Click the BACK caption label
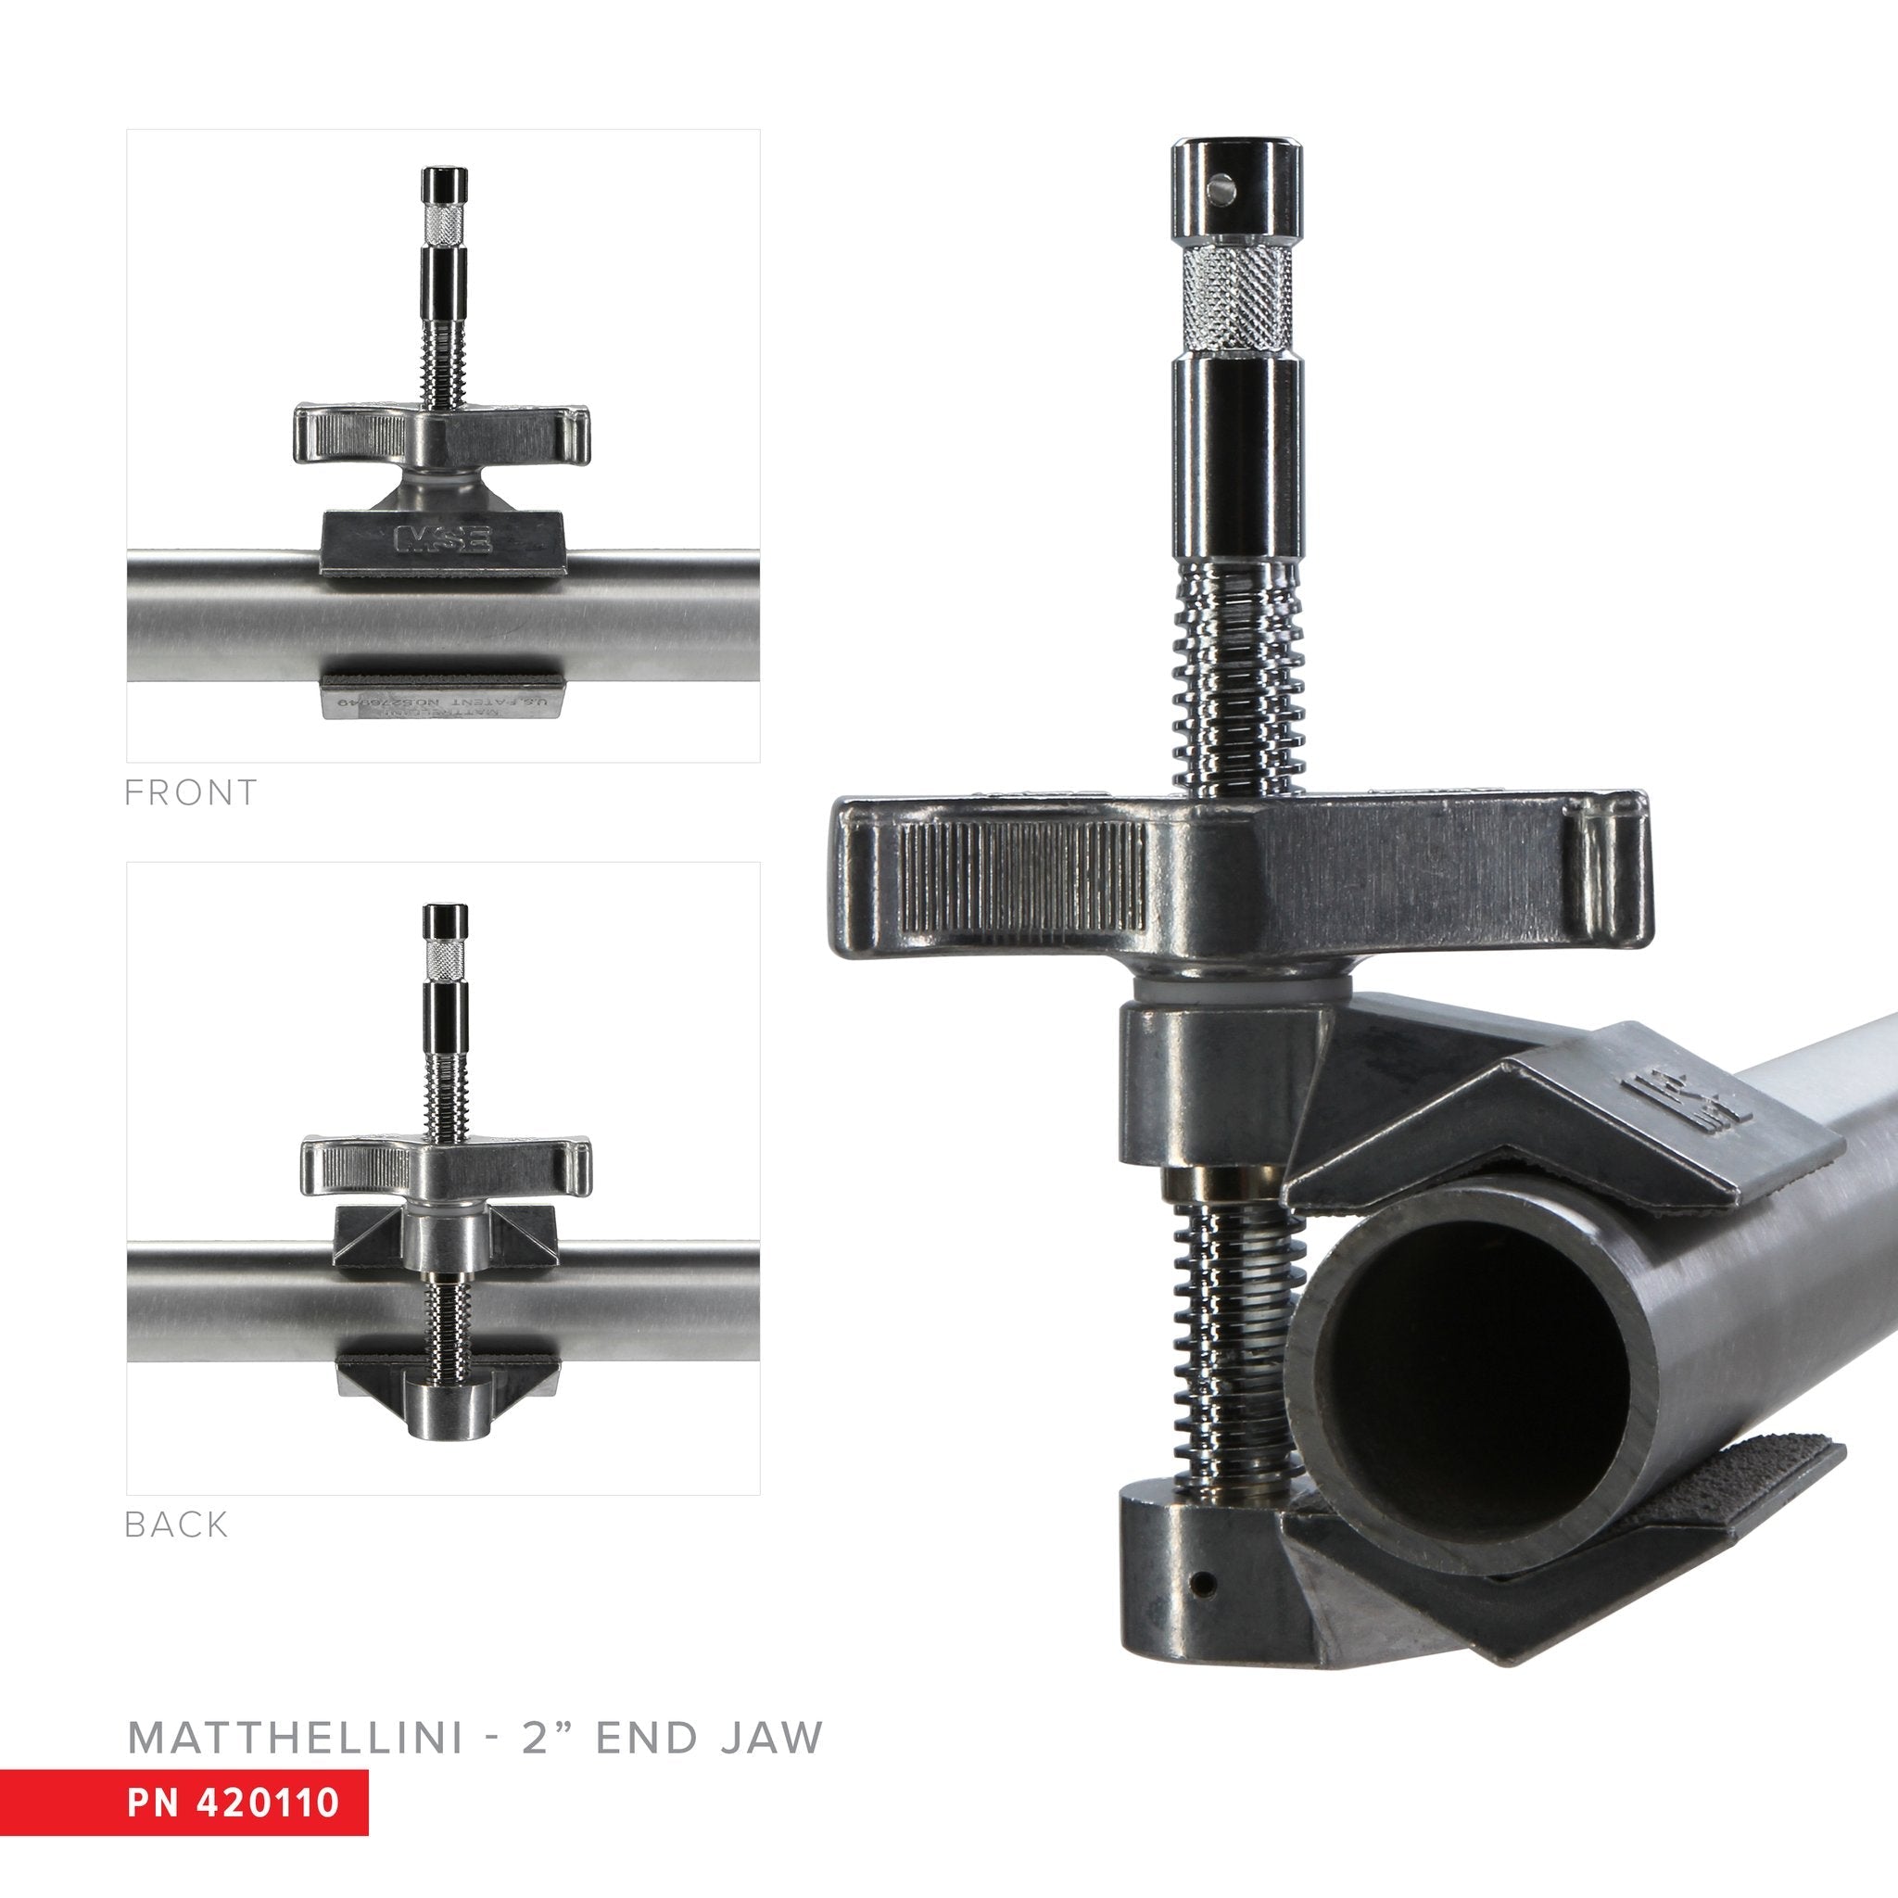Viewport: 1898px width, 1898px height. pyautogui.click(x=176, y=1525)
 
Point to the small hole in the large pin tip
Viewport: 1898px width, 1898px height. pyautogui.click(x=1221, y=183)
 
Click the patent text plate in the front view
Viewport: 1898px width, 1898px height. pyautogui.click(x=442, y=705)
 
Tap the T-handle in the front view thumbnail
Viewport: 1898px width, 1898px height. pyautogui.click(x=442, y=433)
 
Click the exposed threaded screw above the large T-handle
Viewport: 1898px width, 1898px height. pyautogui.click(x=1236, y=677)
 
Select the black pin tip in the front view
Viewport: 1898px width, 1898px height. pyautogui.click(x=445, y=183)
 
